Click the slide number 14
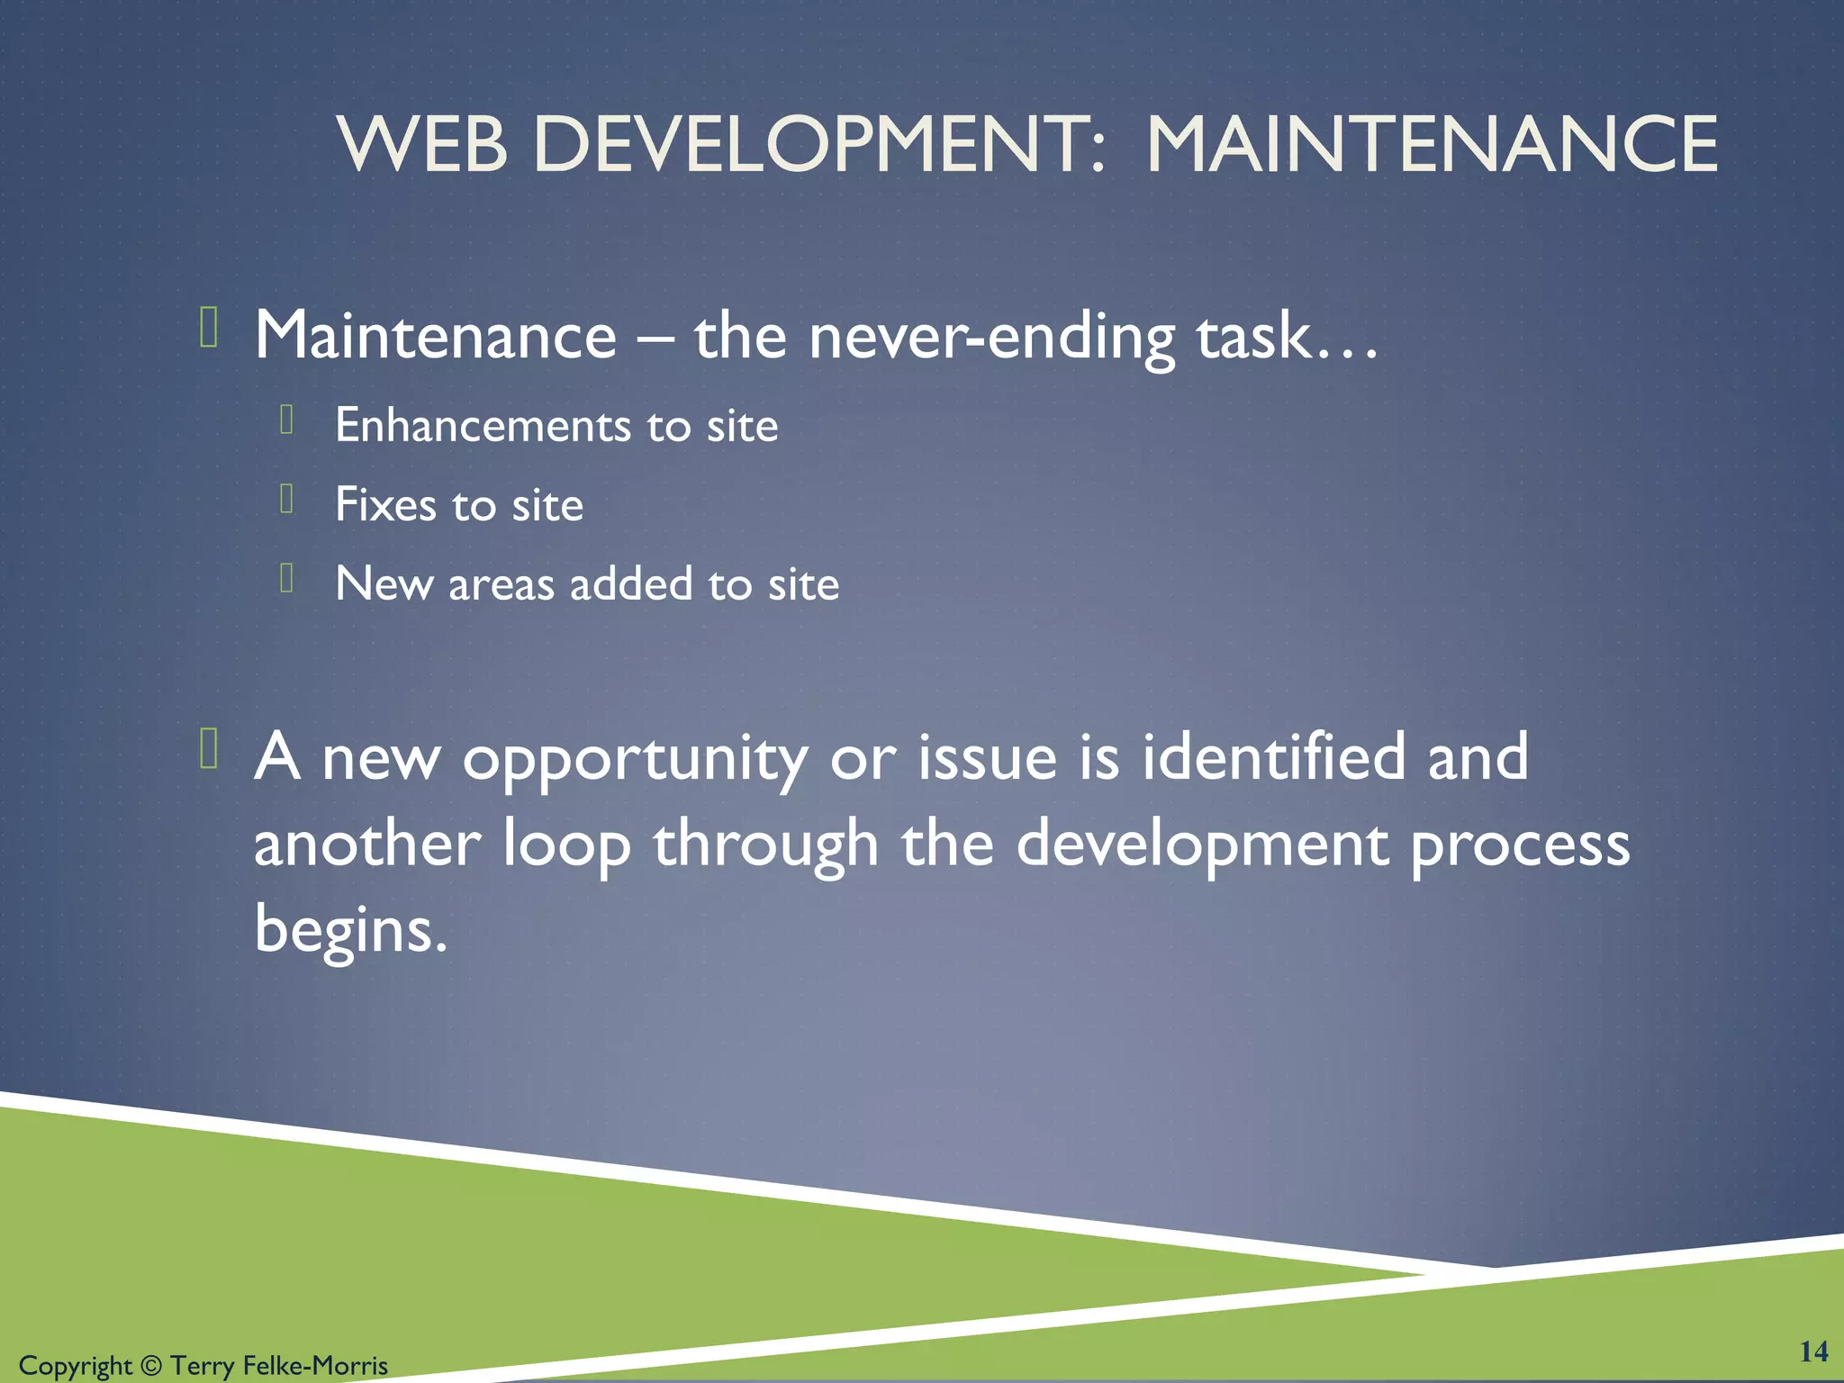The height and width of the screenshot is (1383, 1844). [1813, 1351]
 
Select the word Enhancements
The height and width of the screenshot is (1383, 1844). [482, 425]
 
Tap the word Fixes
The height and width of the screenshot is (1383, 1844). [385, 504]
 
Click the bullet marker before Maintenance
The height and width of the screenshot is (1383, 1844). [209, 327]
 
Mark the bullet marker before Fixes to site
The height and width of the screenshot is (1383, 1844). [287, 498]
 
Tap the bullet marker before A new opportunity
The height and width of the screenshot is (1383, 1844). [209, 748]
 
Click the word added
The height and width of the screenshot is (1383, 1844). [631, 583]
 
